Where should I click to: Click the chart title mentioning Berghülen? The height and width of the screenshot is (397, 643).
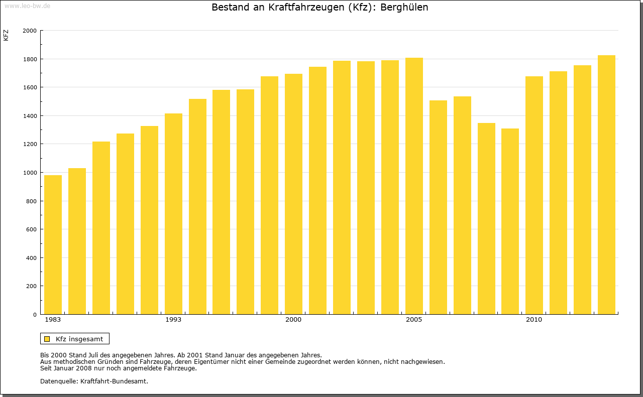click(x=319, y=8)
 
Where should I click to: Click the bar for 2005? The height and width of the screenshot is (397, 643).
click(x=414, y=186)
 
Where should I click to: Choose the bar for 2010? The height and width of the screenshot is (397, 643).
click(x=534, y=195)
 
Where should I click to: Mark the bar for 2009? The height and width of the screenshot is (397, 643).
click(x=510, y=221)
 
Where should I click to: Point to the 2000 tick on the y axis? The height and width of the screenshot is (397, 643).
click(x=30, y=31)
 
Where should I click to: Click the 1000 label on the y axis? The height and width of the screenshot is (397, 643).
click(x=30, y=173)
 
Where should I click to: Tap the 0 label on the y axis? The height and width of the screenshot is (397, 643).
click(x=35, y=315)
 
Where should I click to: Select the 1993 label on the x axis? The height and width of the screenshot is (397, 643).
click(x=173, y=320)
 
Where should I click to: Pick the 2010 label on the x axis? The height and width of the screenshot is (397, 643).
click(x=534, y=320)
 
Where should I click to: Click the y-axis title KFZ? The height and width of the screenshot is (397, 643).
click(x=6, y=35)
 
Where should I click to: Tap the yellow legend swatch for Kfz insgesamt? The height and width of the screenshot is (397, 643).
click(x=47, y=339)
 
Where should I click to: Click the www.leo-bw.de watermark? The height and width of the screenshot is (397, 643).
click(x=27, y=5)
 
